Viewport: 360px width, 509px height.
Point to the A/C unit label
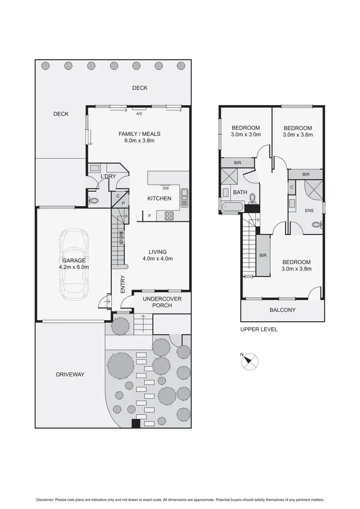point(139,114)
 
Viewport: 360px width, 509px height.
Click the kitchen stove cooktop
point(169,216)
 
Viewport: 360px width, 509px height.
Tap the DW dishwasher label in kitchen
point(166,188)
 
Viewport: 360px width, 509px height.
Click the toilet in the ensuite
point(316,224)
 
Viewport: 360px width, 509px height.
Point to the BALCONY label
point(282,310)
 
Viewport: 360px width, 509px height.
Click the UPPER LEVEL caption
point(259,329)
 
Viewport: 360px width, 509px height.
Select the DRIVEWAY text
point(70,374)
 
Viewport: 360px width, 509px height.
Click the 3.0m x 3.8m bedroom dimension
point(297,269)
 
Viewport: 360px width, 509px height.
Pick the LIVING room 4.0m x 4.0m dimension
point(157,258)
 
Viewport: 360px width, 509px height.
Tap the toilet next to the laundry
point(94,201)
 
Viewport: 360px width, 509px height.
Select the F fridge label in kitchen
point(149,216)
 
